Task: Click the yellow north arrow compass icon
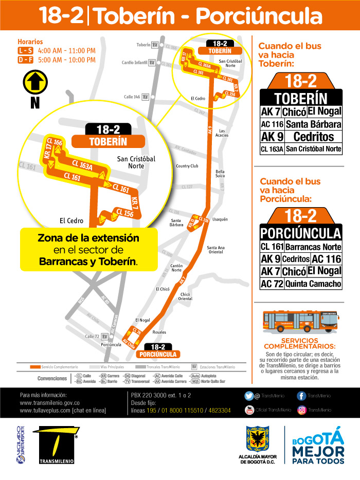[x=35, y=82]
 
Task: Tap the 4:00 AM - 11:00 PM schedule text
[x=67, y=50]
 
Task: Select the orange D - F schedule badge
[x=25, y=60]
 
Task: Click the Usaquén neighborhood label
[x=220, y=219]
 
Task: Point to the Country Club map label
[x=187, y=166]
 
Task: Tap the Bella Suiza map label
[x=220, y=174]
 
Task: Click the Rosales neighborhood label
[x=159, y=332]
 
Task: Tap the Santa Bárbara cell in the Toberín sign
[x=313, y=124]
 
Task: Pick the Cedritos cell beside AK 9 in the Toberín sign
[x=313, y=137]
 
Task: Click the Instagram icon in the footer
[x=302, y=410]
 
